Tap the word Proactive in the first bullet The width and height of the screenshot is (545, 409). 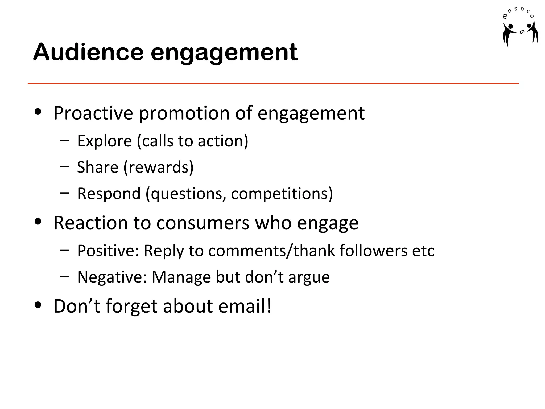point(93,113)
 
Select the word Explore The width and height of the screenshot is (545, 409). point(104,141)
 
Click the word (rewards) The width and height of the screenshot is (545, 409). point(159,167)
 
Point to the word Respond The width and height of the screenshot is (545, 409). point(109,194)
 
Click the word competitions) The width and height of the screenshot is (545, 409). point(282,194)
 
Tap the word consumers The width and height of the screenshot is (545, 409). point(203,223)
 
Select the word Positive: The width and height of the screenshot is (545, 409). point(108,251)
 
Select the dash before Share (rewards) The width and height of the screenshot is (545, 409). point(64,167)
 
